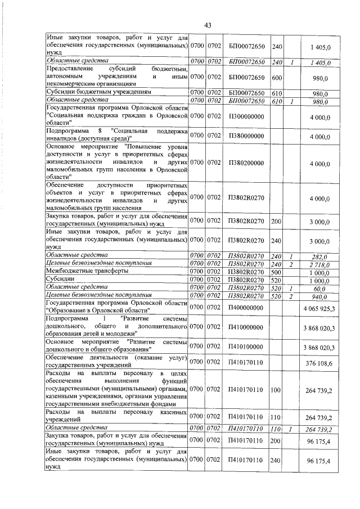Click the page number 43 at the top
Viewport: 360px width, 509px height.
207,25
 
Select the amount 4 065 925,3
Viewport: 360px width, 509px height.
319,308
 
